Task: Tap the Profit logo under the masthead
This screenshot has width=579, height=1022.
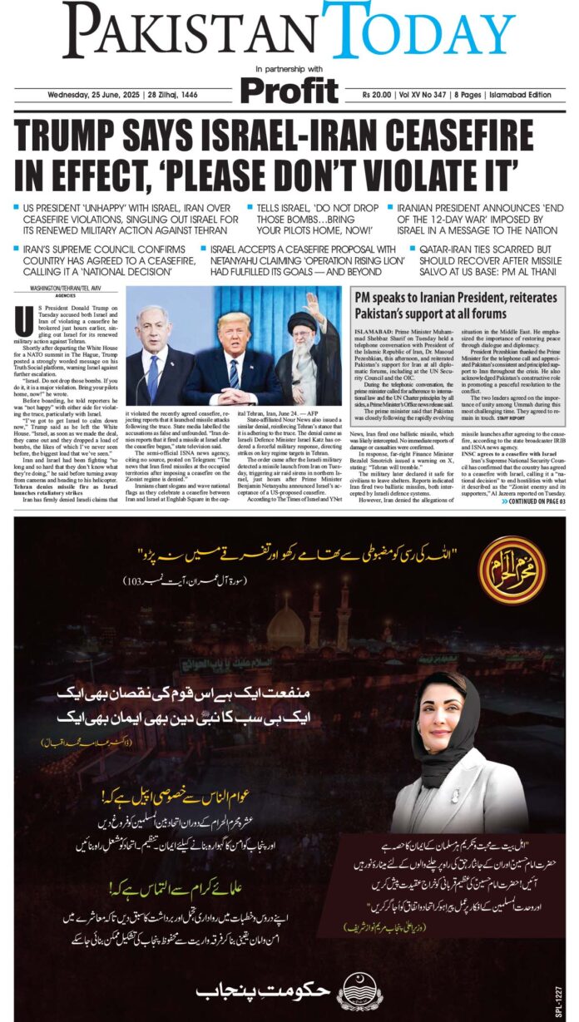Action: point(289,90)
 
